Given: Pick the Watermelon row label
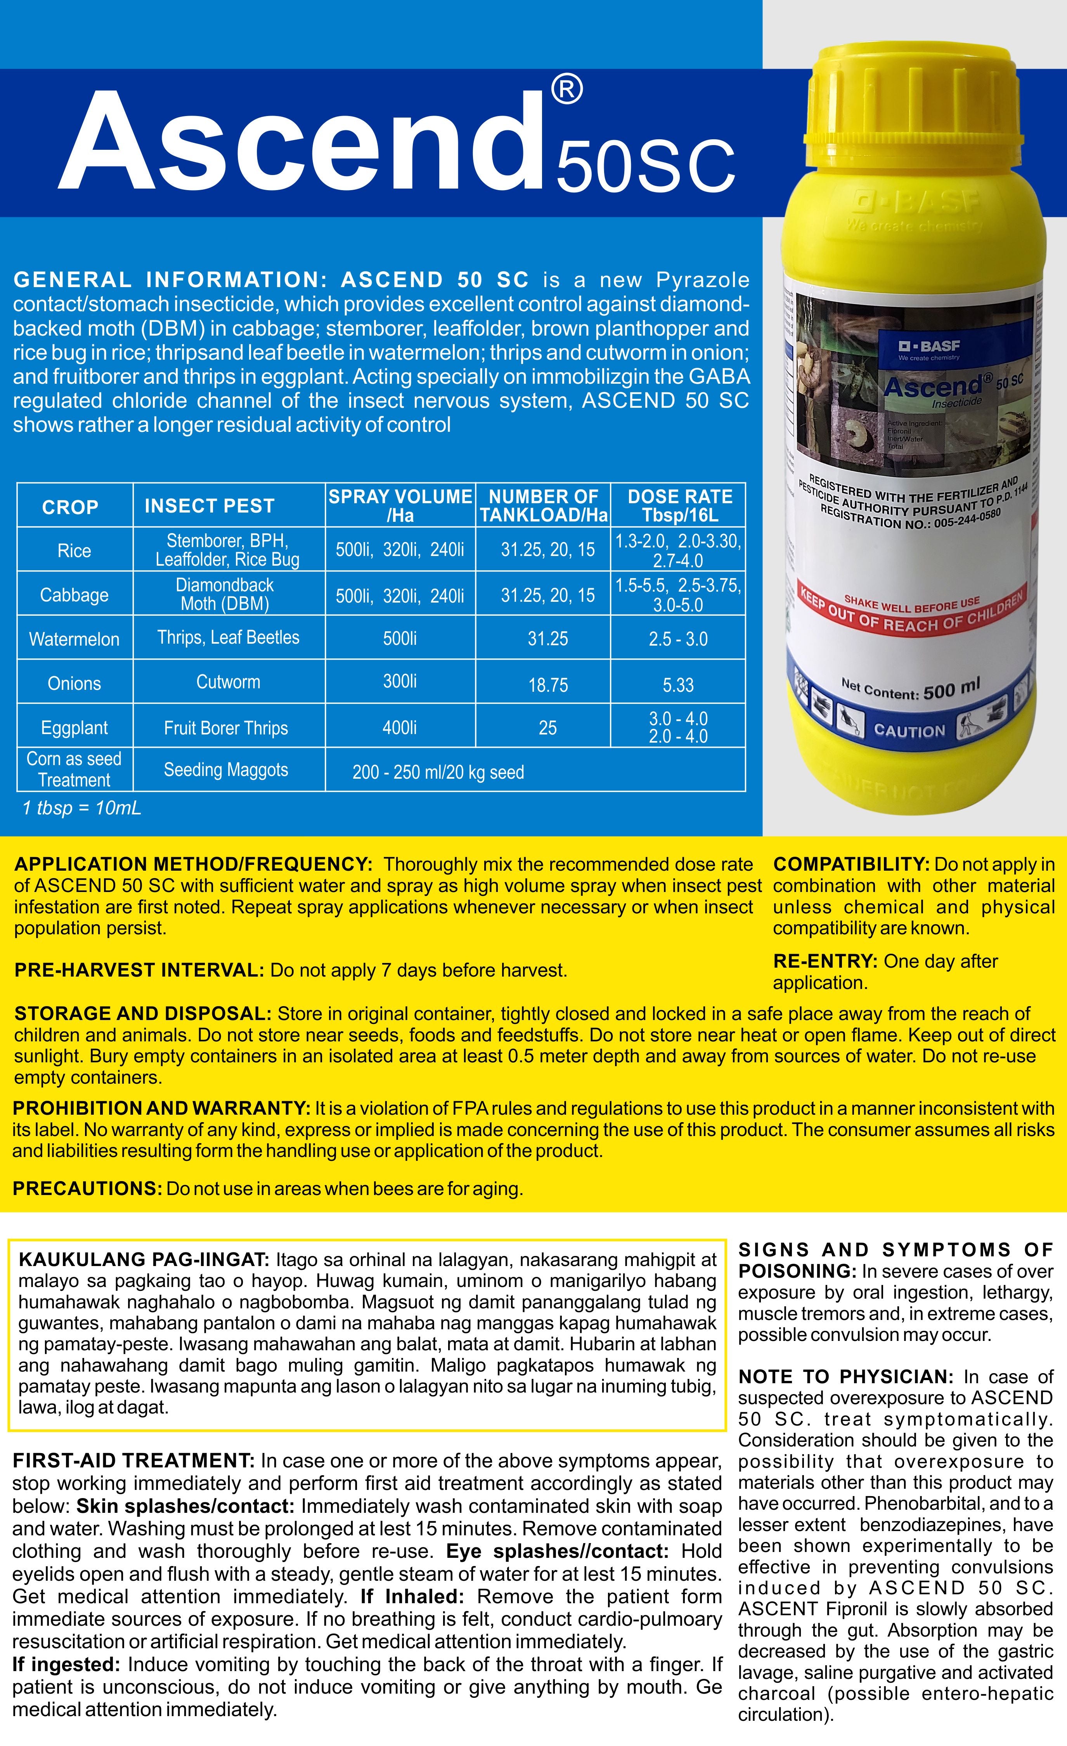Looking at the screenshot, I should tap(74, 639).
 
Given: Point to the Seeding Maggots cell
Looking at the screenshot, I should tap(226, 770).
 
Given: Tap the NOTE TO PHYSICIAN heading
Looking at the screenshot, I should tap(846, 1377).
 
